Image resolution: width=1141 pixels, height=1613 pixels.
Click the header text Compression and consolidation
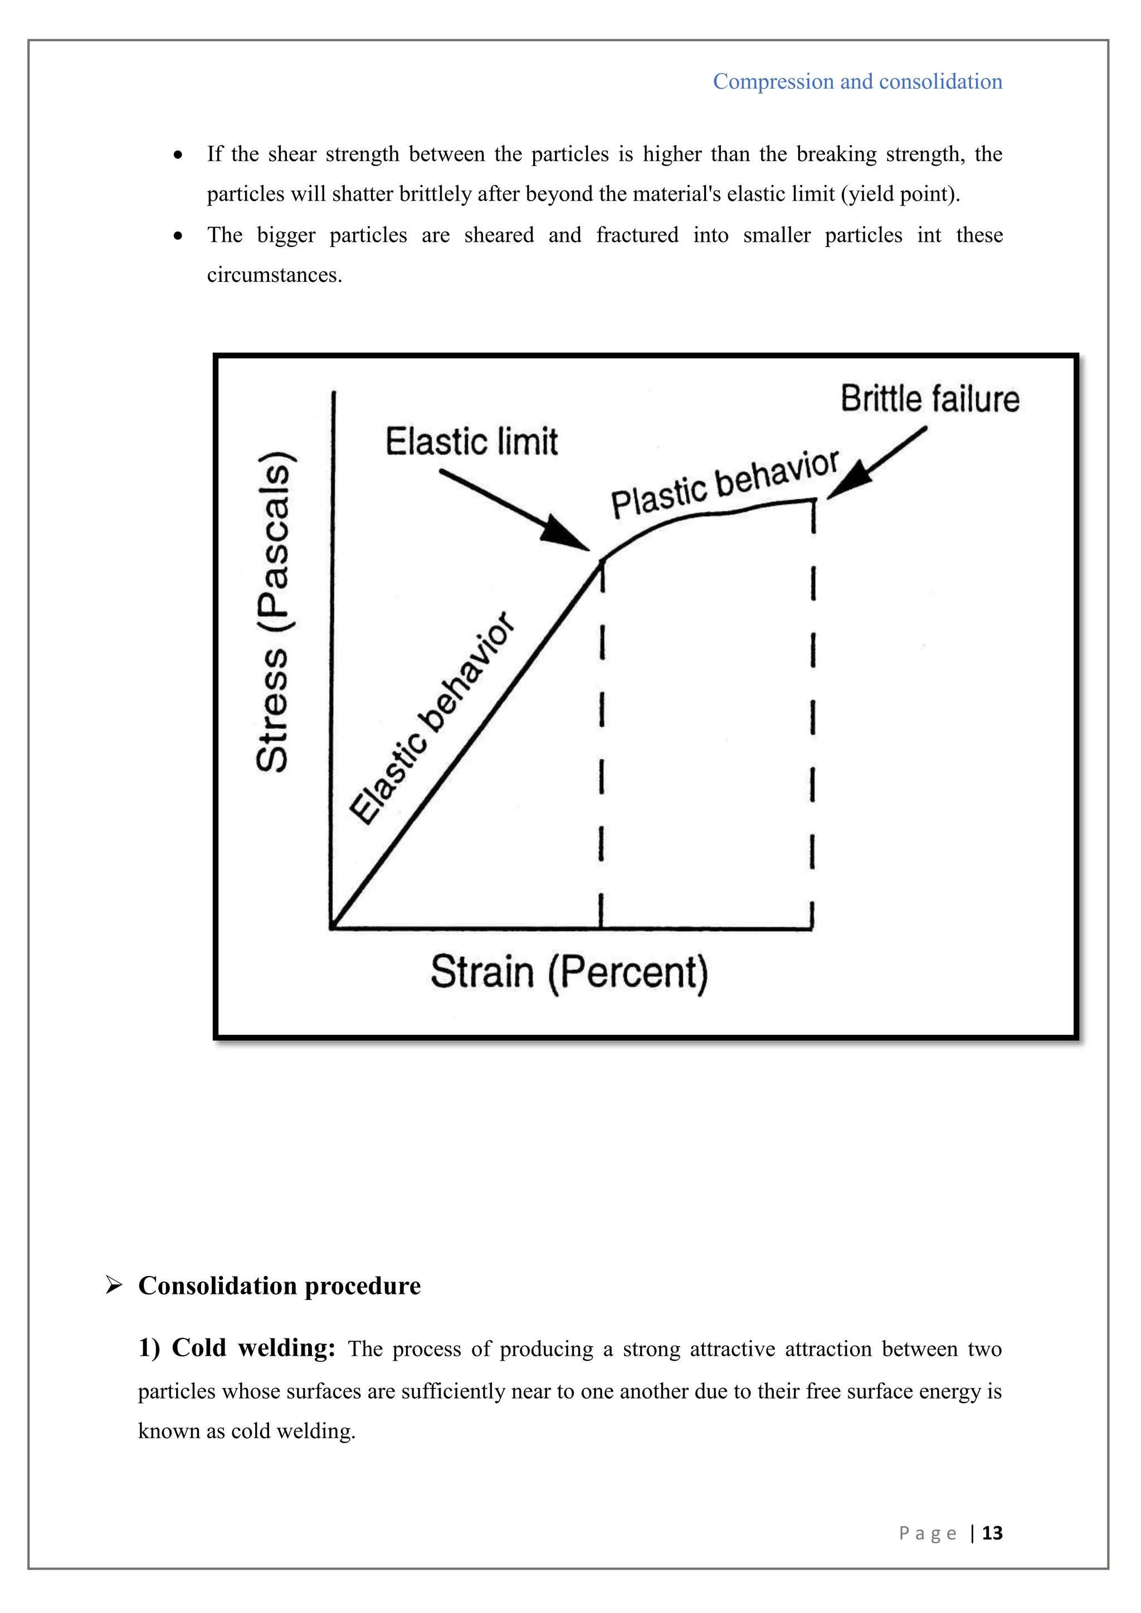coord(857,81)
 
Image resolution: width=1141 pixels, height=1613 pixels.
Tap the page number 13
coord(992,1532)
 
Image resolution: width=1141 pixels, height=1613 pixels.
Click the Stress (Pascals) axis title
coord(272,611)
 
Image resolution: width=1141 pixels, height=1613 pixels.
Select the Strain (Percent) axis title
coord(569,972)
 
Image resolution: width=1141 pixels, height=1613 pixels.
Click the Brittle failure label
coord(929,399)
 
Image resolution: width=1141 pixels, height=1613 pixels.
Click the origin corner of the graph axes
coord(331,928)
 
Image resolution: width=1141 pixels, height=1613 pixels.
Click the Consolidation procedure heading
coord(279,1285)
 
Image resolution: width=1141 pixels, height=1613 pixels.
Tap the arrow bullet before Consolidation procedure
coord(113,1285)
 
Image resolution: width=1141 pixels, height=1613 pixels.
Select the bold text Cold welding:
coord(237,1348)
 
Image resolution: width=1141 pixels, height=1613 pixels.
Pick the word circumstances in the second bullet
coord(274,275)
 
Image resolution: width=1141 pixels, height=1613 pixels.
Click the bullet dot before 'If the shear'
coord(178,154)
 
